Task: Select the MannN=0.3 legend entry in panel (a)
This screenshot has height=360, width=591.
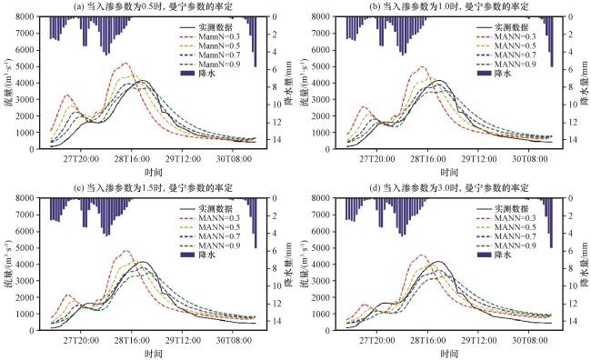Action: tap(210, 36)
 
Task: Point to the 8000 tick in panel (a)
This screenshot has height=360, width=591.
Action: tap(25, 16)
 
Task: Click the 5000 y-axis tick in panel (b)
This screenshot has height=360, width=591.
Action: tap(321, 66)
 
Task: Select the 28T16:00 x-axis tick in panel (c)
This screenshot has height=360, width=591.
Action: tap(131, 341)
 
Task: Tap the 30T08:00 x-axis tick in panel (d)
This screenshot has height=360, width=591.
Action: tap(529, 341)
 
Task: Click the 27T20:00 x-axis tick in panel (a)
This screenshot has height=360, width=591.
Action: tap(81, 159)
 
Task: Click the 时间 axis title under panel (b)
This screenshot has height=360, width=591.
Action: tap(449, 173)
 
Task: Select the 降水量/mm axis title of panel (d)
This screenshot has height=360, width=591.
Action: tap(586, 264)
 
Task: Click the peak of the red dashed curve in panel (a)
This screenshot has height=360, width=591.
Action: tap(125, 63)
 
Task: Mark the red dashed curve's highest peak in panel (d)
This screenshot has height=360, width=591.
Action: tap(422, 255)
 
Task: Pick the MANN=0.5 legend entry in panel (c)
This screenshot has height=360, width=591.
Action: tap(210, 227)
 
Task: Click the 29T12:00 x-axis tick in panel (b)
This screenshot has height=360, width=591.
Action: tap(478, 159)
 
